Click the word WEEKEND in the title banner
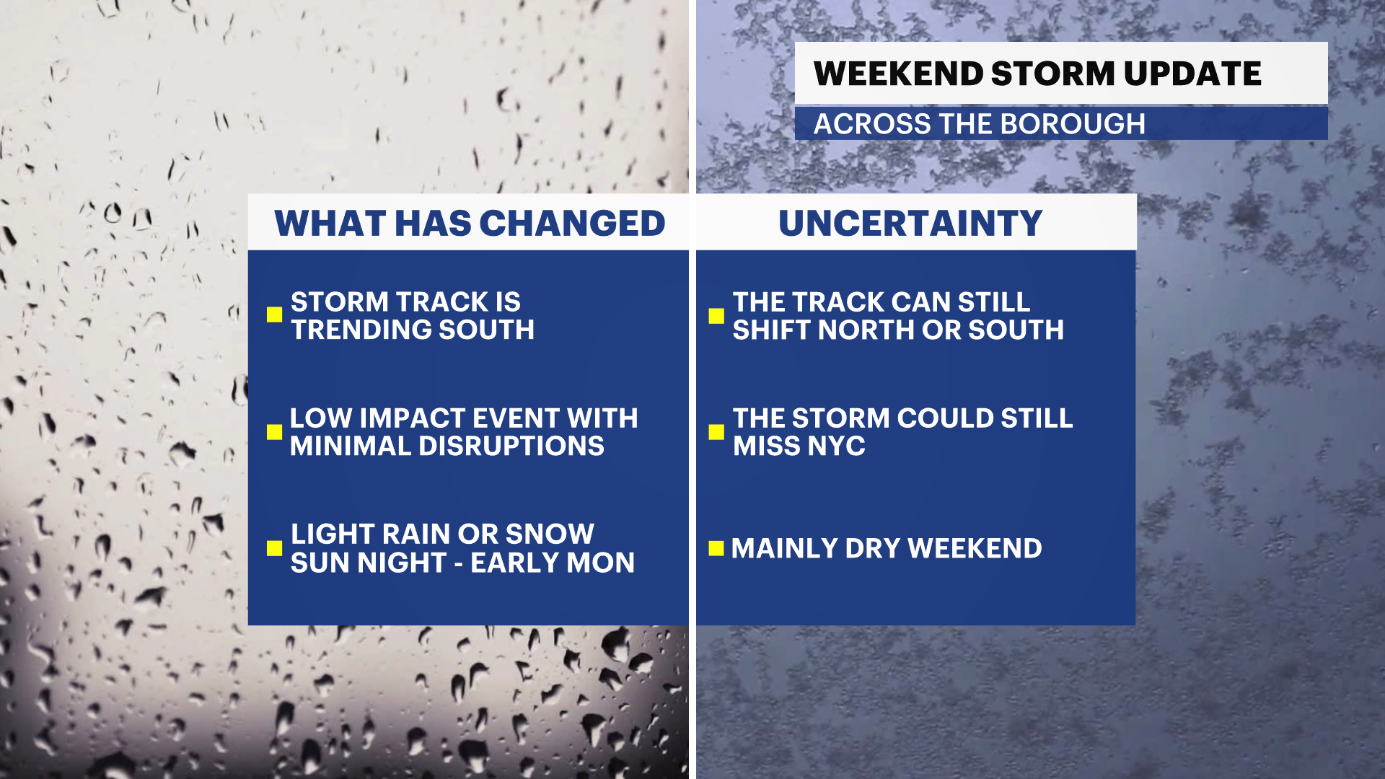tap(898, 74)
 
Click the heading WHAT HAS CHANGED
tap(470, 224)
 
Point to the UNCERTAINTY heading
tap(910, 224)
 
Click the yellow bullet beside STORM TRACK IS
tap(274, 314)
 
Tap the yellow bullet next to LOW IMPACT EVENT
tap(274, 431)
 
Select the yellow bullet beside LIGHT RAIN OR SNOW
tap(274, 548)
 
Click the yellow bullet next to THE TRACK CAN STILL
tap(716, 316)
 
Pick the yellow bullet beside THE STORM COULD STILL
tap(716, 431)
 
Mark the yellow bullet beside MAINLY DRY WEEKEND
tap(716, 548)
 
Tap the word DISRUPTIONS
tap(511, 446)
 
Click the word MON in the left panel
tap(600, 563)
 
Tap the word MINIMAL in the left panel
tap(351, 446)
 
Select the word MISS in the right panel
tap(766, 446)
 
